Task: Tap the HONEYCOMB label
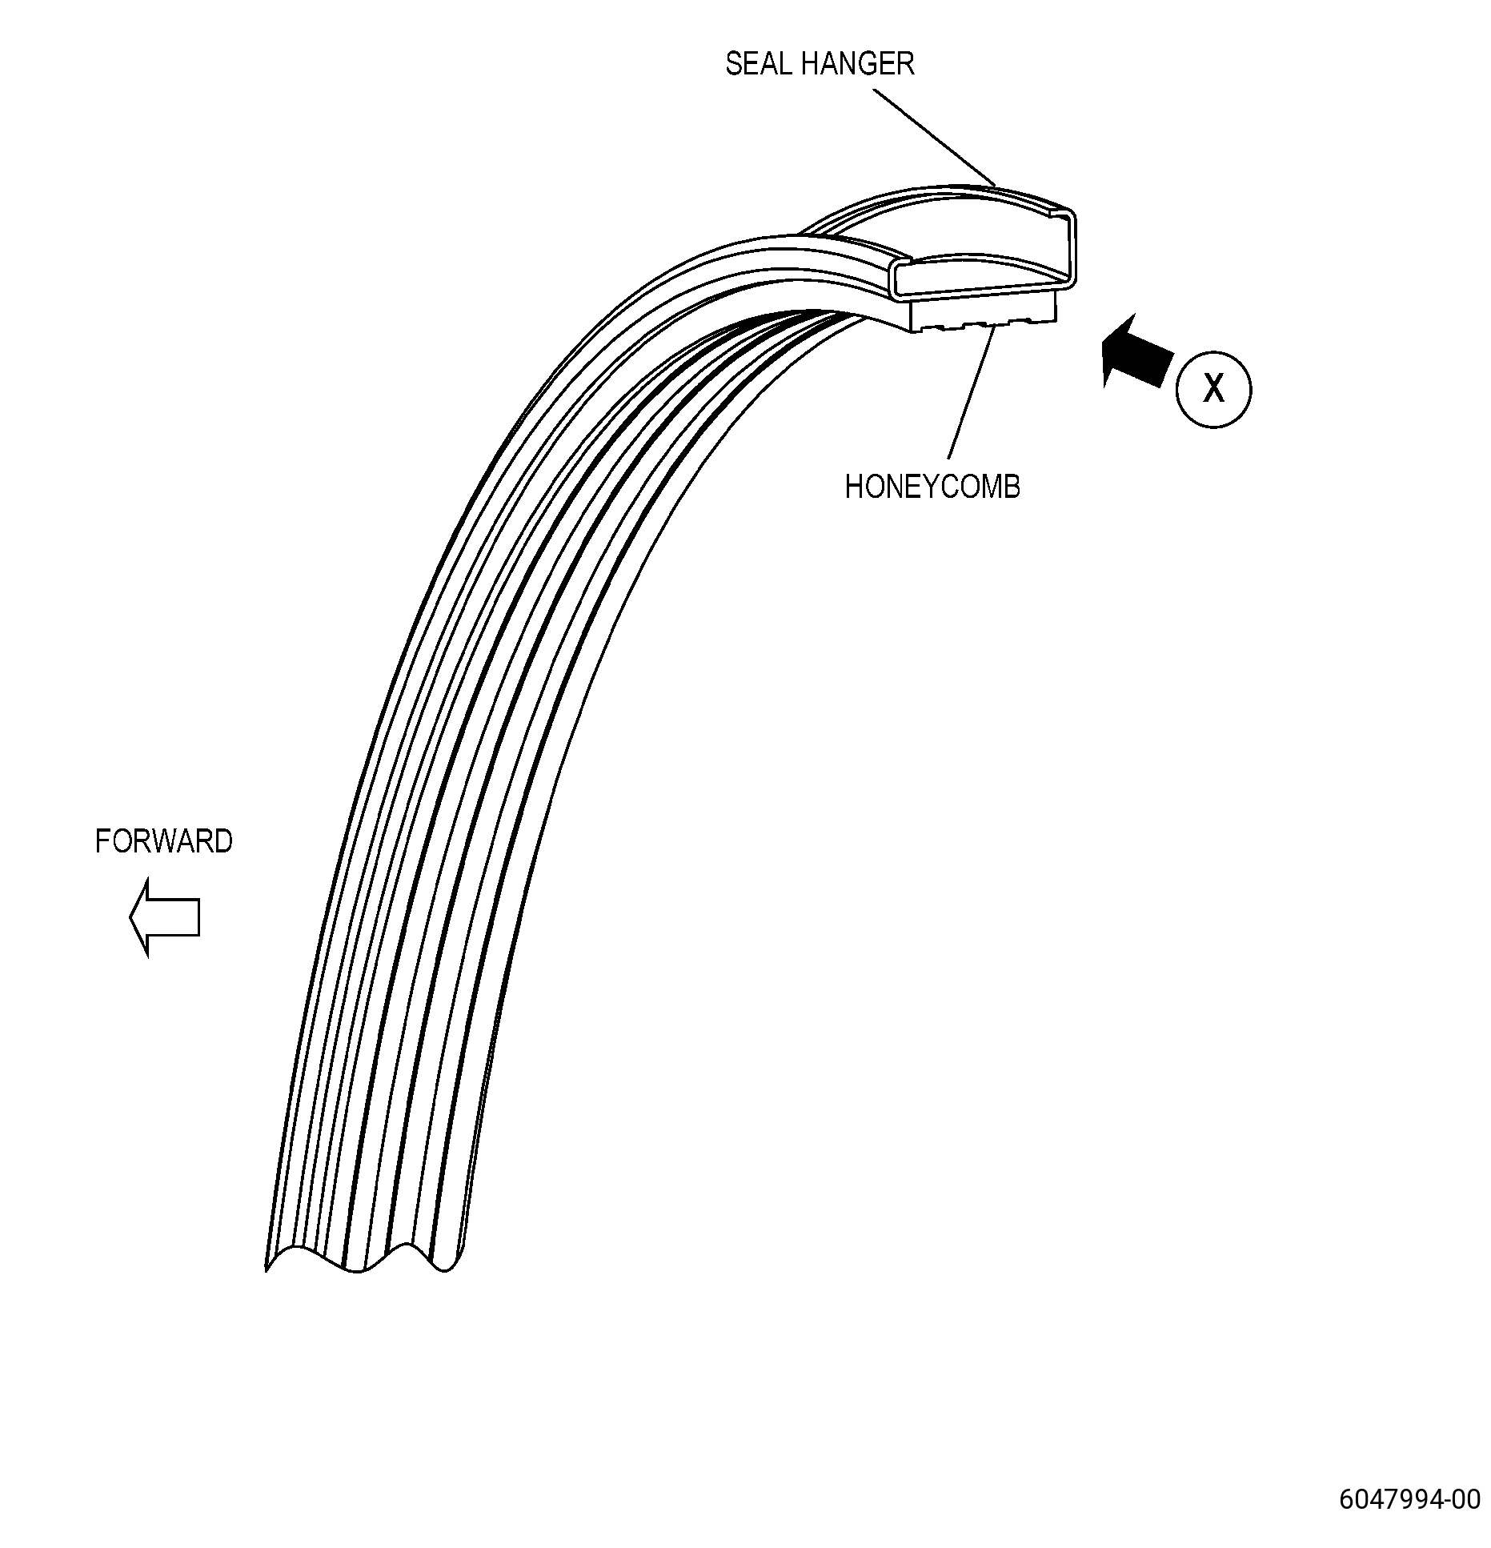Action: click(x=932, y=487)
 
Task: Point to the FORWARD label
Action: click(x=164, y=841)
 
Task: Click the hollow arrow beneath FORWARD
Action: click(x=164, y=917)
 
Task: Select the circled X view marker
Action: click(x=1213, y=389)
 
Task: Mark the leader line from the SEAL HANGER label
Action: click(x=933, y=137)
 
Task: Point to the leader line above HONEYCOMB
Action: click(x=972, y=391)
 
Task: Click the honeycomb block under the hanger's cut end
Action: click(x=984, y=313)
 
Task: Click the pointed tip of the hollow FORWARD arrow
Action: click(x=130, y=917)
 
